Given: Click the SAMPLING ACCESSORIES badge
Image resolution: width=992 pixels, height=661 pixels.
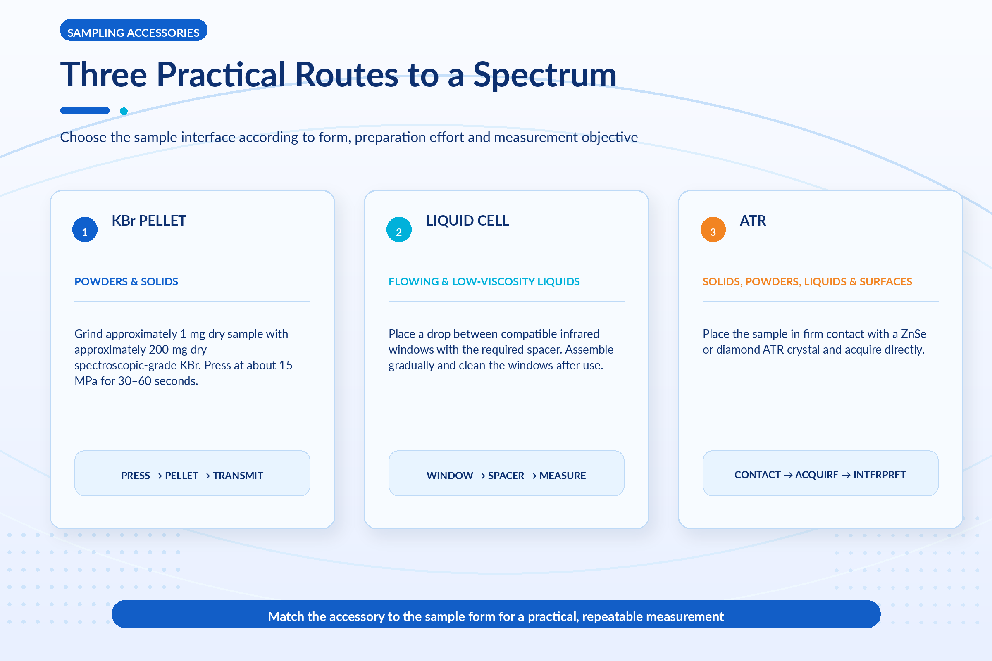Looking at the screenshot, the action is (133, 30).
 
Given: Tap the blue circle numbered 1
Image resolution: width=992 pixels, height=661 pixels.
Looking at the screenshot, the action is (85, 229).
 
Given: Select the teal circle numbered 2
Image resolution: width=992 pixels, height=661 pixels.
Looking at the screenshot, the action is (399, 229).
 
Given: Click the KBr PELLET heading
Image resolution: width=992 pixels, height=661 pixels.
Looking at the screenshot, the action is (149, 221).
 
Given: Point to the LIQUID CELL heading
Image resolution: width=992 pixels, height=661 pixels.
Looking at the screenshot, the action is (467, 221).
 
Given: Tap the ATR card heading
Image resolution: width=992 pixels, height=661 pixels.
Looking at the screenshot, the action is (753, 221).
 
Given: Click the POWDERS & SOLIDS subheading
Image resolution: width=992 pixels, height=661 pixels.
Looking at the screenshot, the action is (126, 282).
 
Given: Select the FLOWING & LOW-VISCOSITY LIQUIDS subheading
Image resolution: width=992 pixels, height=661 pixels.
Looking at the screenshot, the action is (484, 282).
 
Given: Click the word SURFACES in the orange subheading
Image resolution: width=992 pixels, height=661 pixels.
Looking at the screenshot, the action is (886, 282).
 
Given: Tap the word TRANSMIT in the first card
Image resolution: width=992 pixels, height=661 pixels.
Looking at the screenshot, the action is (238, 476).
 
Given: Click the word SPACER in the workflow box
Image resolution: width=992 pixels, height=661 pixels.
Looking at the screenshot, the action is (506, 476).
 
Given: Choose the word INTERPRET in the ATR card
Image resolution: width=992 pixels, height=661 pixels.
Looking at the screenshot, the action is (880, 475).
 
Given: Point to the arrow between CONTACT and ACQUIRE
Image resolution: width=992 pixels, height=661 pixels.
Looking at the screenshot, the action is (788, 475).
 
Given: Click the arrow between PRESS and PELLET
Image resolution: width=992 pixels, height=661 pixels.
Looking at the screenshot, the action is (157, 476).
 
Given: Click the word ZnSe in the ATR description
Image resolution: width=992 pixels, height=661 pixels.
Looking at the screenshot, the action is (913, 334).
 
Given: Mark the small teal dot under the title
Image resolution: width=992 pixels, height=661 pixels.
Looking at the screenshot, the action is (124, 111).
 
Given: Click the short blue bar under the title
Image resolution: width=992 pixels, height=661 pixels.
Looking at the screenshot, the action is (85, 111).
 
